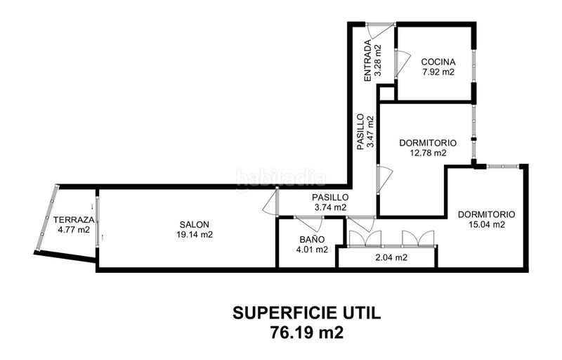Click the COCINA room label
coord(438,62)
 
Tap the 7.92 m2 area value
coord(438,72)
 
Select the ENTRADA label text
coord(367,60)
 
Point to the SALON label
coord(195,224)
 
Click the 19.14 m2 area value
coord(195,235)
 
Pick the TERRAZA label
coord(74,219)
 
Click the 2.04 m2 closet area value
coord(391,257)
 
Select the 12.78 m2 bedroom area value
coord(428,153)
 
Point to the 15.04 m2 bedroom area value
coord(487,224)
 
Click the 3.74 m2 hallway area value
coord(330,207)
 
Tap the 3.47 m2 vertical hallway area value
coord(371,131)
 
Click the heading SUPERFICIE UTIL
coord(307,313)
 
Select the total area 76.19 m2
coord(307,333)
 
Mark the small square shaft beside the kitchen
coord(386,93)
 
